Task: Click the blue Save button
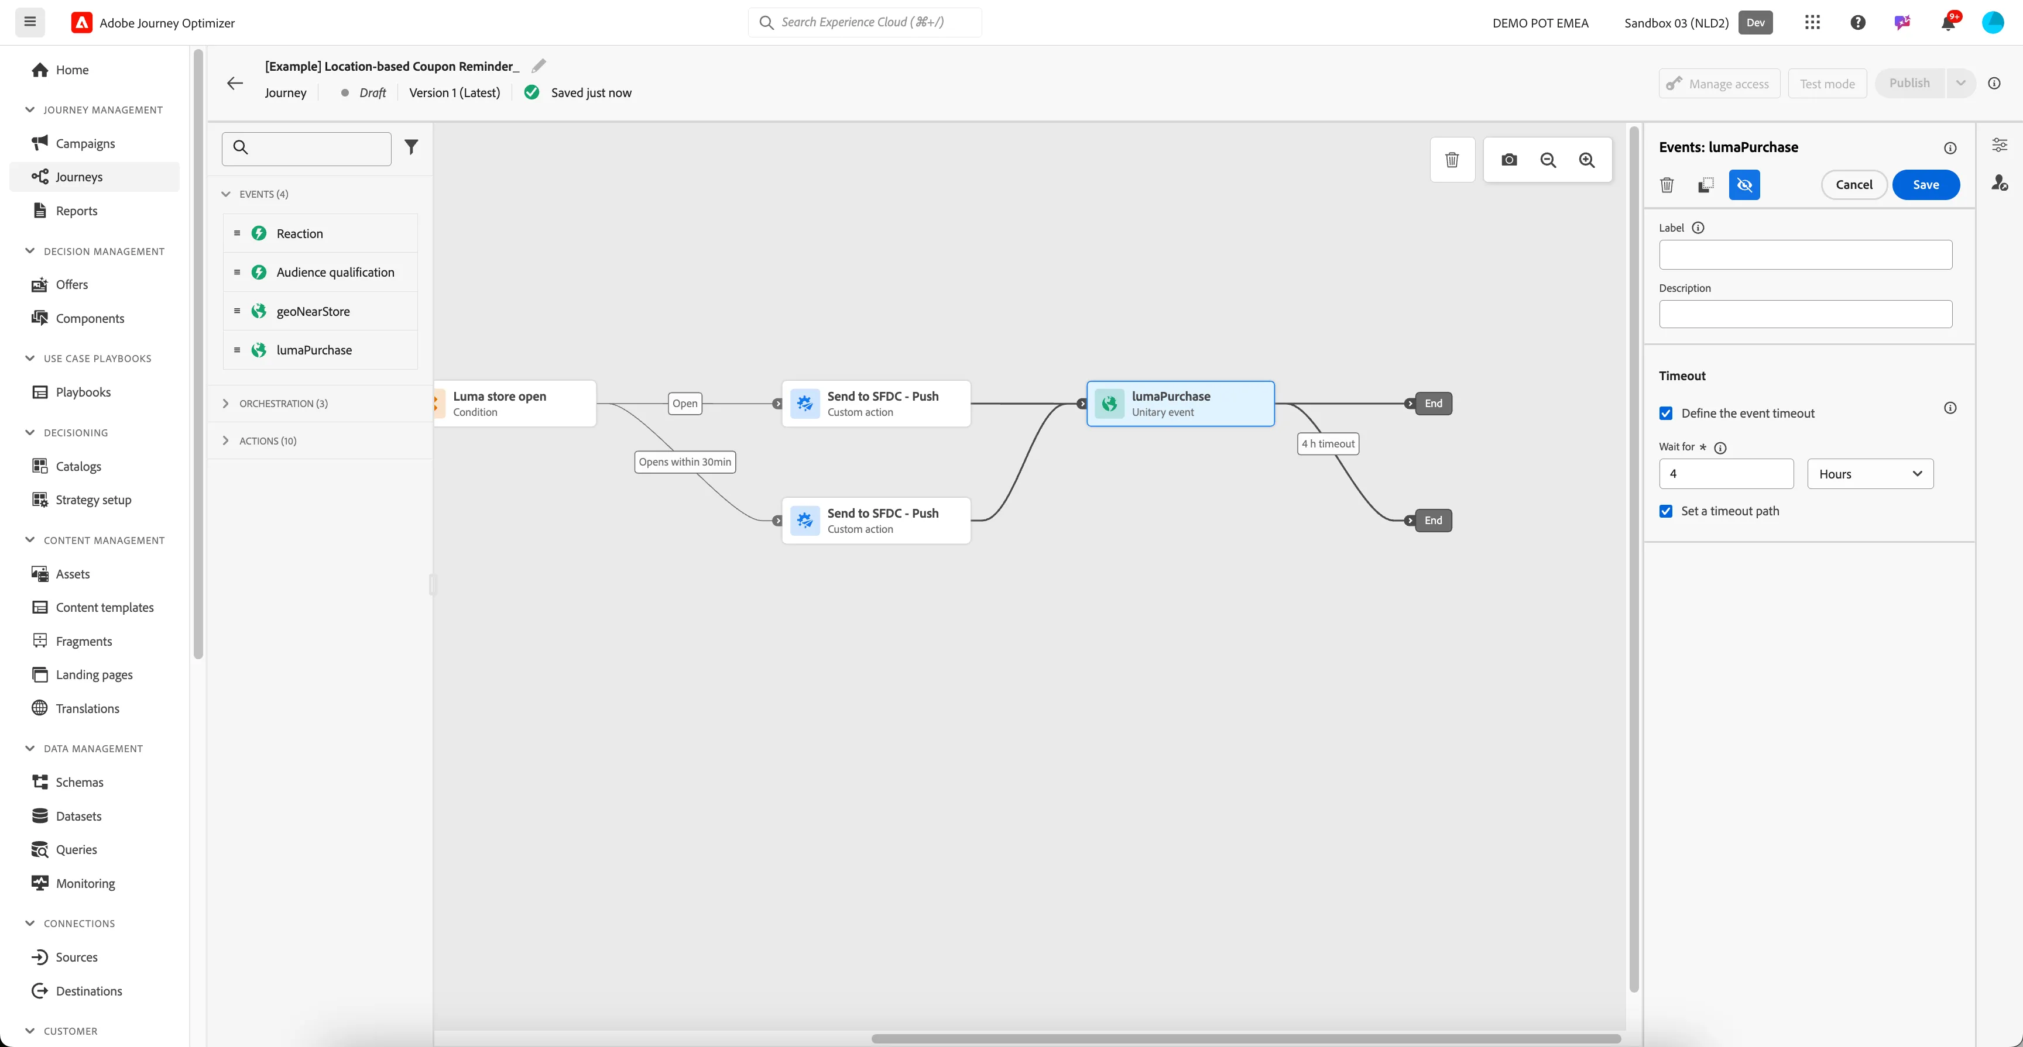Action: click(1926, 184)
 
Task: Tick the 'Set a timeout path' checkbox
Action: click(1666, 511)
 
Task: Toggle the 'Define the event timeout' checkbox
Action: click(1666, 413)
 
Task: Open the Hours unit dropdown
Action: click(1870, 473)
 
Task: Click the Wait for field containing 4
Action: click(1726, 473)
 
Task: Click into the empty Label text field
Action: click(1805, 254)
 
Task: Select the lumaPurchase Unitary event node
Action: click(1180, 404)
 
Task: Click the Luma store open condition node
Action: click(516, 404)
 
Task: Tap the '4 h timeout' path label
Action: click(1328, 443)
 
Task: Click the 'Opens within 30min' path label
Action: click(685, 461)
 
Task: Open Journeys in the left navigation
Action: click(78, 177)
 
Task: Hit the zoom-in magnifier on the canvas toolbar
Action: click(1586, 160)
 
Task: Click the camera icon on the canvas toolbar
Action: click(1508, 160)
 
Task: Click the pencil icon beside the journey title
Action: click(539, 66)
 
